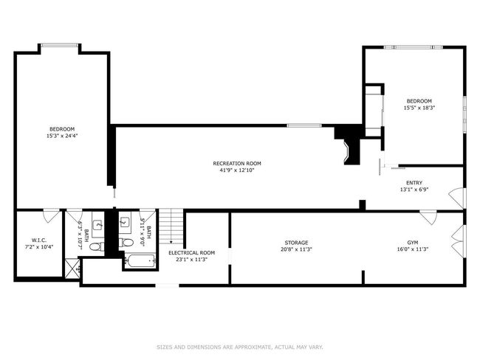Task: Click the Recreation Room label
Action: tap(237, 163)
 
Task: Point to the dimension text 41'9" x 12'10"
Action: tap(237, 170)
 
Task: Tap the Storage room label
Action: tap(296, 243)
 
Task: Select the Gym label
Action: tap(412, 243)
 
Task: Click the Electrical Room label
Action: tap(192, 252)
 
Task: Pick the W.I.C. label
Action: tap(39, 240)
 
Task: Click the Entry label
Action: tap(414, 183)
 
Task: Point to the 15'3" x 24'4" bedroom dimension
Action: tap(62, 136)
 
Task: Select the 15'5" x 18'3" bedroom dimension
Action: tap(419, 108)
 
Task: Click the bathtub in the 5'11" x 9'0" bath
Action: tap(140, 261)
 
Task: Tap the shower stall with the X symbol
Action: tap(73, 269)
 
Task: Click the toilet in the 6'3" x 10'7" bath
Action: tap(97, 246)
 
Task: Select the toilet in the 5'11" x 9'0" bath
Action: tap(126, 243)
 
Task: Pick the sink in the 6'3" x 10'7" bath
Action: tap(98, 225)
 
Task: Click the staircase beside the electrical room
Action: tap(171, 226)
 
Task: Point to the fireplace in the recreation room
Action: tap(349, 145)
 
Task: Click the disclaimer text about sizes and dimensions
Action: tap(240, 347)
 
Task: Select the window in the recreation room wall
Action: tap(304, 125)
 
